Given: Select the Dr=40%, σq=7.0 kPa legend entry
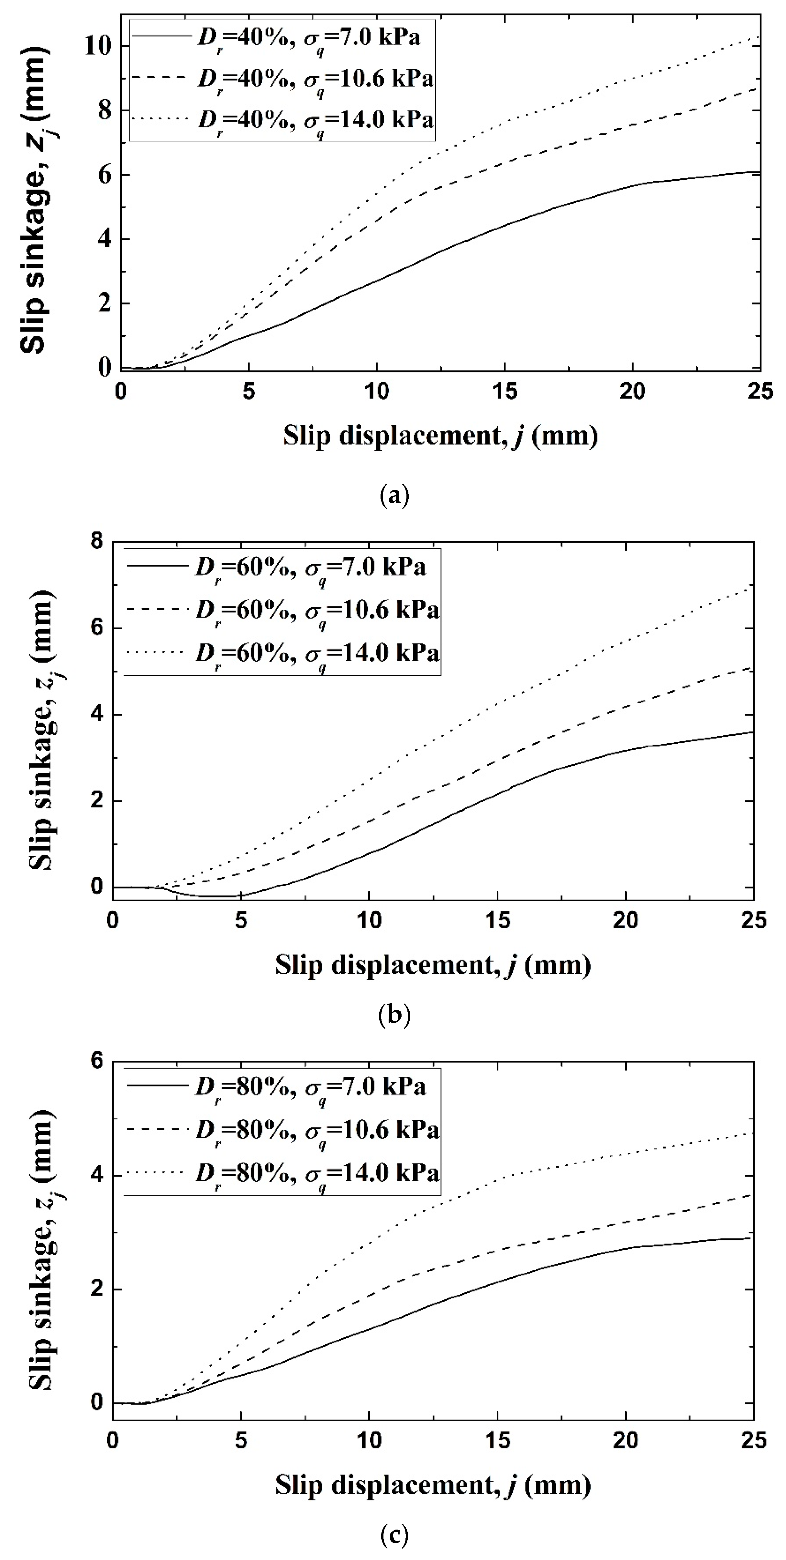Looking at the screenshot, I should pos(282,38).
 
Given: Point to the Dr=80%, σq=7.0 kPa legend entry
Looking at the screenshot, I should pos(282,1087).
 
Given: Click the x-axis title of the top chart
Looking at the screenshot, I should pos(440,436).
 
